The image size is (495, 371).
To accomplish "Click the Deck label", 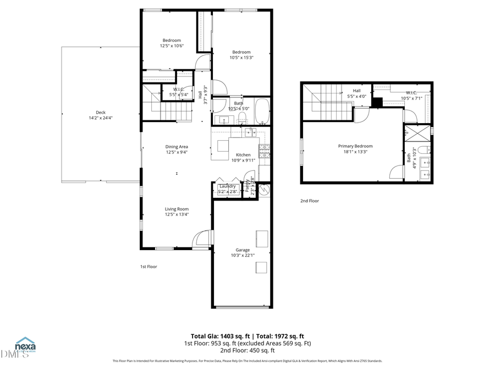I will point(100,115).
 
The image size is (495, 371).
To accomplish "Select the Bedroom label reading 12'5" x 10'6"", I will point(171,43).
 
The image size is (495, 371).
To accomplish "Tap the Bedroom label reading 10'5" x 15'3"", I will point(241,54).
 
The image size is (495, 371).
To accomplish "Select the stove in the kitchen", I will point(265,151).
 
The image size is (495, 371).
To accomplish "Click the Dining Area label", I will point(177,149).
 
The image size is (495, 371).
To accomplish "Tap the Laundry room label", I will point(227,189).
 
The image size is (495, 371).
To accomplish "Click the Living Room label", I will point(177,212).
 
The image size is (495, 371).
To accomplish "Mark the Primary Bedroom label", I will point(355,149).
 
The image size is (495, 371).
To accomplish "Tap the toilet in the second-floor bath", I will point(423,149).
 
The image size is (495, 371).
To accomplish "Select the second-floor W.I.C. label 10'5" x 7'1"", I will point(411,95).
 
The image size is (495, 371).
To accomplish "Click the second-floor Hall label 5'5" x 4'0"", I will point(356,93).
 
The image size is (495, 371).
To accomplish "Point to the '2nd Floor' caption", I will point(310,201).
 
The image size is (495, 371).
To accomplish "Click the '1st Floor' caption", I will point(148,267).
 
